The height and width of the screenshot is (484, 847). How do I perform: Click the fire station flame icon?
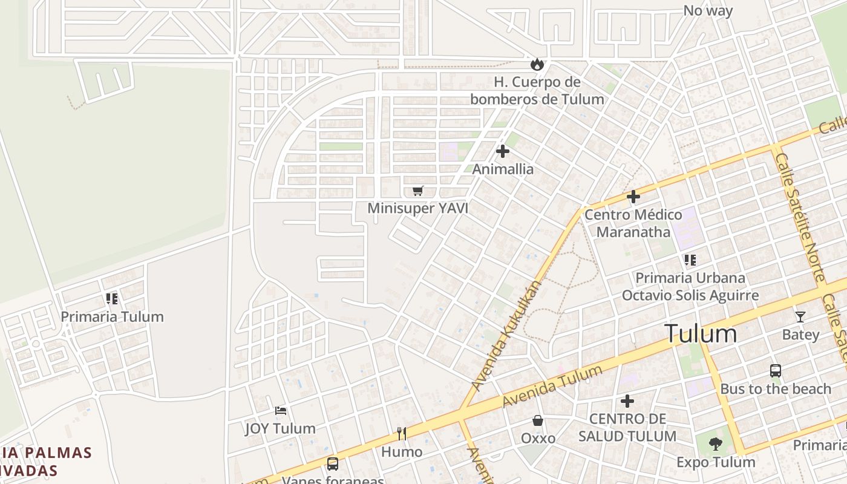click(x=537, y=64)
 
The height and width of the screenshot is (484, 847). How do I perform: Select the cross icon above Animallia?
click(x=503, y=151)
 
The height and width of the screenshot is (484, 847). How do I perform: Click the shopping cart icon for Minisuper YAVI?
click(x=417, y=191)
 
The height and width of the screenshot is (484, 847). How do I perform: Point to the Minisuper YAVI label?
click(x=418, y=209)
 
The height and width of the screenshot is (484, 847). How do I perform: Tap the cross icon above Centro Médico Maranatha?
click(x=633, y=197)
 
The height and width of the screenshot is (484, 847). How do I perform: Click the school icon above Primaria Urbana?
click(x=690, y=260)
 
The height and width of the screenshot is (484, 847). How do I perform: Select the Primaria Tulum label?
click(x=112, y=316)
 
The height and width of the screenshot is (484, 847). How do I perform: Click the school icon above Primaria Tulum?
click(x=111, y=298)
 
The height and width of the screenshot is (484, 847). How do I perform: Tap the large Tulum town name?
click(x=701, y=334)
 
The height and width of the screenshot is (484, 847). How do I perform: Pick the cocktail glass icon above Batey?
click(x=800, y=316)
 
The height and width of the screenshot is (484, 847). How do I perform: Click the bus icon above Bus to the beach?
click(x=776, y=371)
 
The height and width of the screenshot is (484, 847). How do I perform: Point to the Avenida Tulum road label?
click(x=552, y=387)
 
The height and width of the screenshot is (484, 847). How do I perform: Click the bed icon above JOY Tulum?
click(x=281, y=410)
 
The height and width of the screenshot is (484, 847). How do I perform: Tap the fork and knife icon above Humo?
click(x=401, y=433)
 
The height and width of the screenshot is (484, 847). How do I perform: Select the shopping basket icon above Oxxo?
click(x=537, y=420)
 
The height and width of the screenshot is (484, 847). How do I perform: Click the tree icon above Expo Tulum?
click(x=716, y=444)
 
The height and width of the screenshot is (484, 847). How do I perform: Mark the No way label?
click(x=708, y=10)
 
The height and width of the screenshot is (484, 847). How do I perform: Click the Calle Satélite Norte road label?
click(x=800, y=218)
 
